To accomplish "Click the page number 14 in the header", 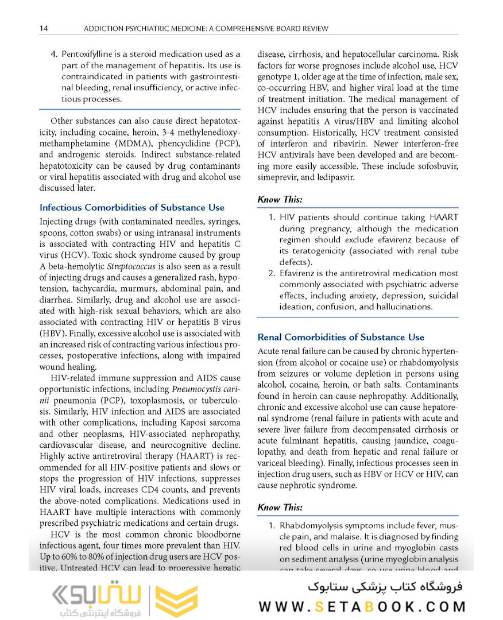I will click(x=44, y=28).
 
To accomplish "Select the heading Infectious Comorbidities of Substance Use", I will click(x=131, y=207).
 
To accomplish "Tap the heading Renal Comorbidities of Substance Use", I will click(x=341, y=337).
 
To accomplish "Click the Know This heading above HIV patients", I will click(x=280, y=200).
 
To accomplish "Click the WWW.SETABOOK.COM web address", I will click(x=362, y=606).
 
